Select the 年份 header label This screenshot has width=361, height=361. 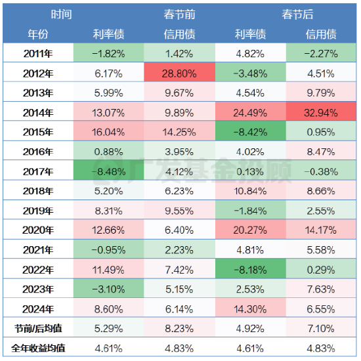pyautogui.click(x=38, y=33)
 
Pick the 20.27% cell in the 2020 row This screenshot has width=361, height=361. pyautogui.click(x=251, y=230)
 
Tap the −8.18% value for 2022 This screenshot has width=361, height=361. pyautogui.click(x=251, y=269)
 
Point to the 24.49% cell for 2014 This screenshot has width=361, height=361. pyautogui.click(x=251, y=113)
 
